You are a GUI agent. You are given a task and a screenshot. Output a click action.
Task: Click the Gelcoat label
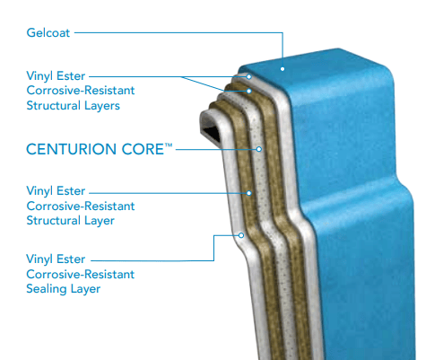pyautogui.click(x=48, y=33)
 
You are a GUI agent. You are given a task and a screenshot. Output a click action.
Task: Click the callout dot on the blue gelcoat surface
pyautogui.click(x=282, y=69)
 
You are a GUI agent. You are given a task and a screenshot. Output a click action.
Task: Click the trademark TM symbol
pyautogui.click(x=169, y=145)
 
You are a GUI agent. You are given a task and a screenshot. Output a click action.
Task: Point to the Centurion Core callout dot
pyautogui.click(x=259, y=149)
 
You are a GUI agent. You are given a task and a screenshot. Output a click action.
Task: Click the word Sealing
pyautogui.click(x=47, y=289)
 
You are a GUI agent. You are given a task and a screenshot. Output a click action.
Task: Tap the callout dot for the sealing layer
pyautogui.click(x=241, y=235)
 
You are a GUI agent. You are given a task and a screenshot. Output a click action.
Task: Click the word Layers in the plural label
pyautogui.click(x=102, y=106)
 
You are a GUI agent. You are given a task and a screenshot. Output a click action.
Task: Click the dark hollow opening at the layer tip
pyautogui.click(x=211, y=132)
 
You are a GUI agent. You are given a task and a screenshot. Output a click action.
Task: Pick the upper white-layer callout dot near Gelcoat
pyautogui.click(x=248, y=76)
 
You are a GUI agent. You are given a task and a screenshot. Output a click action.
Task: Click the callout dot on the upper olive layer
pyautogui.click(x=248, y=91)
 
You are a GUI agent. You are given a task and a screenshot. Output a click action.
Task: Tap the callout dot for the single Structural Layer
pyautogui.click(x=248, y=193)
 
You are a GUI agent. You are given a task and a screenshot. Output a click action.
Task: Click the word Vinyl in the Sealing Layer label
pyautogui.click(x=39, y=259)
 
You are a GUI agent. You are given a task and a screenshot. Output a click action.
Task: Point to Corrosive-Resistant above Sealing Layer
pyautogui.click(x=81, y=275)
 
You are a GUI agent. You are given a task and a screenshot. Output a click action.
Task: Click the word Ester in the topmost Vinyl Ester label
pyautogui.click(x=71, y=76)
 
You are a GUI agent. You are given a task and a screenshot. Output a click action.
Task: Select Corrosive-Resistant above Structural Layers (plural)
pyautogui.click(x=81, y=91)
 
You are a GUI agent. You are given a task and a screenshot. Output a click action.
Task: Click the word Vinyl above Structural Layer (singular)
pyautogui.click(x=39, y=191)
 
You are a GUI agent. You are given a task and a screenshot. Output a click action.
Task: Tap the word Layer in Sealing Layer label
pyautogui.click(x=86, y=289)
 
